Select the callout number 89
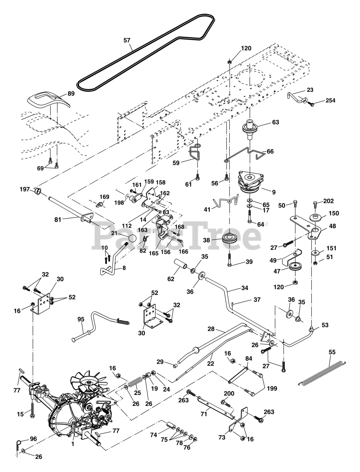[71, 94]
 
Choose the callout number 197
[25, 189]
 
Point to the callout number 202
[328, 201]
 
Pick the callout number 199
[271, 388]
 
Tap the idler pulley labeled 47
[295, 267]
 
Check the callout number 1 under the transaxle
[73, 444]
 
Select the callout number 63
[275, 122]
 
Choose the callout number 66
[270, 151]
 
